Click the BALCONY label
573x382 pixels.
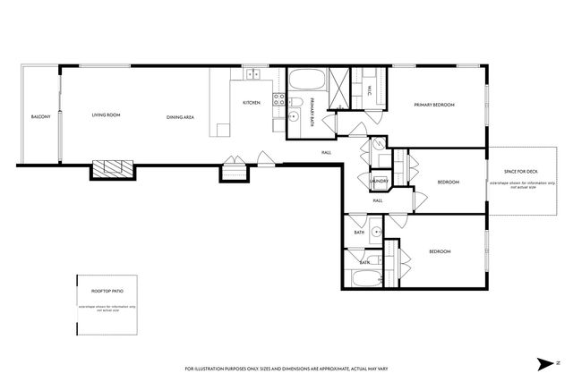pyautogui.click(x=40, y=117)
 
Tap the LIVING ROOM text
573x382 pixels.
pyautogui.click(x=107, y=115)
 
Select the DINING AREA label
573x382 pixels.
pyautogui.click(x=181, y=117)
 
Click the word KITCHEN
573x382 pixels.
pyautogui.click(x=252, y=103)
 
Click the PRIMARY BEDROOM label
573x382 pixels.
pyautogui.click(x=434, y=106)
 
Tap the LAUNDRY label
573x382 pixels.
pyautogui.click(x=378, y=182)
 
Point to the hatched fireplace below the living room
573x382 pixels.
pyautogui.click(x=112, y=168)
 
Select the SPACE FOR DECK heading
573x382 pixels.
pyautogui.click(x=519, y=171)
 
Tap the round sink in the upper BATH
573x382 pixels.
pyautogui.click(x=377, y=232)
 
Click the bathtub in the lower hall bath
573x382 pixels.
pyautogui.click(x=366, y=276)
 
